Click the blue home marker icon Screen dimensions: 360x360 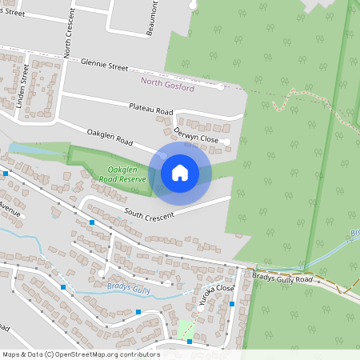coord(180,172)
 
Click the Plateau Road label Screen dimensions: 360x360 coord(151,109)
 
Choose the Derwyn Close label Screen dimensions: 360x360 coord(195,137)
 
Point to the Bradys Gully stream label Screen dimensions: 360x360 coord(128,286)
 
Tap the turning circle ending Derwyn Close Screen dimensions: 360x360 coord(227,142)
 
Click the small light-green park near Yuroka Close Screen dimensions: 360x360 coord(186,327)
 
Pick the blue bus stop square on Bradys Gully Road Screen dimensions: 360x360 coord(232,304)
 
